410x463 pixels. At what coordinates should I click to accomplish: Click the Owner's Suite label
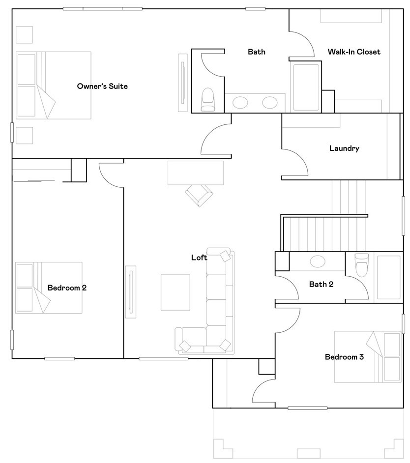click(102, 87)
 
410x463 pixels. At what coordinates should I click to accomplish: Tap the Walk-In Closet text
click(354, 52)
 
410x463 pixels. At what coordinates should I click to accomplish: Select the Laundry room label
click(344, 148)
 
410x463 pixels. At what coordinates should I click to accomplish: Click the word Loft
click(199, 258)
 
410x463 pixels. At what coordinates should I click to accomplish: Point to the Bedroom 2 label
click(67, 288)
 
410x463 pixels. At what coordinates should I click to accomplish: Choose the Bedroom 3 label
click(344, 357)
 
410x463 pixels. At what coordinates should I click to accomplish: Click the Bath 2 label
click(322, 284)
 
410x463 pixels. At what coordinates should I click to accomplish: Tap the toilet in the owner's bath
click(208, 98)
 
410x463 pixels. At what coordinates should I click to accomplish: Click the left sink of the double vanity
click(240, 103)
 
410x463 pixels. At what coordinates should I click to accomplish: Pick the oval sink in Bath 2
click(317, 261)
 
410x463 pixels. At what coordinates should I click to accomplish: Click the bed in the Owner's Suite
click(53, 85)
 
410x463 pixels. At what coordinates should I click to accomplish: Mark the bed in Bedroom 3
click(368, 356)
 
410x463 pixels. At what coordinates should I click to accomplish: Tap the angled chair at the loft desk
click(200, 195)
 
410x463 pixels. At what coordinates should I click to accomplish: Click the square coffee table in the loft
click(176, 292)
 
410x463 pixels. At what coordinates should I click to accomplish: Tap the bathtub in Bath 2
click(388, 277)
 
